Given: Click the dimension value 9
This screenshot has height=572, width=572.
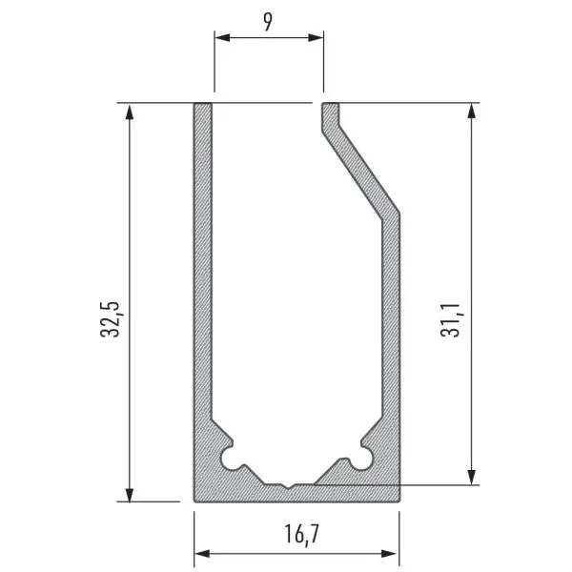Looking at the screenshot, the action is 268,22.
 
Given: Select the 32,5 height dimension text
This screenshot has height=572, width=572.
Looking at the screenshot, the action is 110,319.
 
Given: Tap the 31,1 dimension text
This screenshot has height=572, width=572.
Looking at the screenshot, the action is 451,320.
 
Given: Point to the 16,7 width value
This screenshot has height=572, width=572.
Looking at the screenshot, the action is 301,534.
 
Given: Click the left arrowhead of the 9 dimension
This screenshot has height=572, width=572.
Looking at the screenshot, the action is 222,37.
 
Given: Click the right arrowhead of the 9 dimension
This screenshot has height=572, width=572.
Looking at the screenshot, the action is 316,37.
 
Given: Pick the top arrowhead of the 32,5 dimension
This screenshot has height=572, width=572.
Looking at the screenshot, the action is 129,112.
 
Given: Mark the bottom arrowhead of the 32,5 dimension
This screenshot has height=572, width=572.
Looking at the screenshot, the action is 129,494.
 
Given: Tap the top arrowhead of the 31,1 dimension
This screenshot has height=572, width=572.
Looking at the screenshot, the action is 472,112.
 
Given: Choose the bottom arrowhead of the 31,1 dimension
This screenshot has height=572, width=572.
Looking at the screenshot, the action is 472,478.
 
